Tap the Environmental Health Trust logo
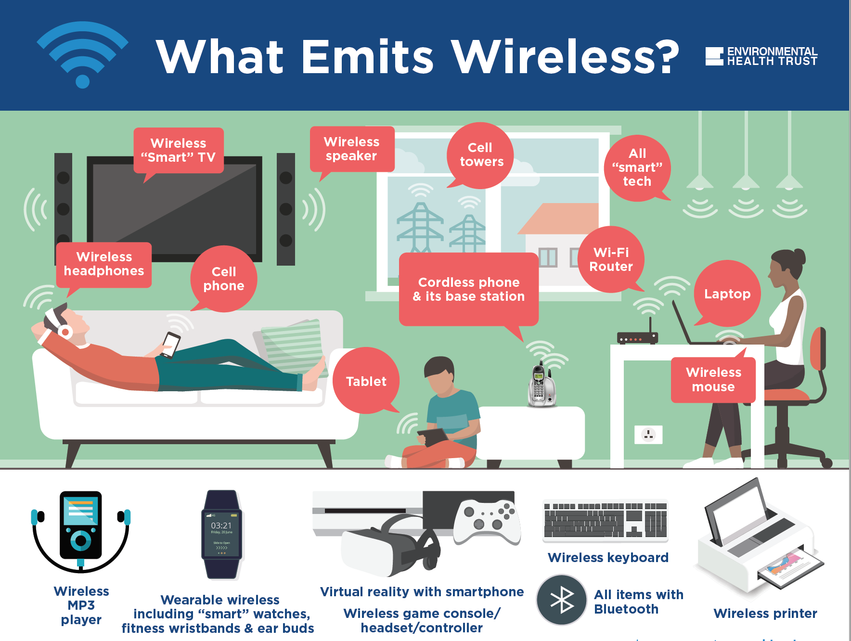[761, 56]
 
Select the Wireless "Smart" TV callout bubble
[178, 150]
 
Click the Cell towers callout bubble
[480, 155]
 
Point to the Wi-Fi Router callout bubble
[611, 259]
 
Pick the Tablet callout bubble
[366, 381]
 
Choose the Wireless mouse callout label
[713, 380]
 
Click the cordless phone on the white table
[542, 385]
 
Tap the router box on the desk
[637, 338]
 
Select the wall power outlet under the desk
[648, 435]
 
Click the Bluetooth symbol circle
[562, 600]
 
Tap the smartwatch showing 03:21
[221, 534]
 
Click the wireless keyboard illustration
[605, 521]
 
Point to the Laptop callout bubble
[727, 294]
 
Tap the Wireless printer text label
[765, 613]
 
